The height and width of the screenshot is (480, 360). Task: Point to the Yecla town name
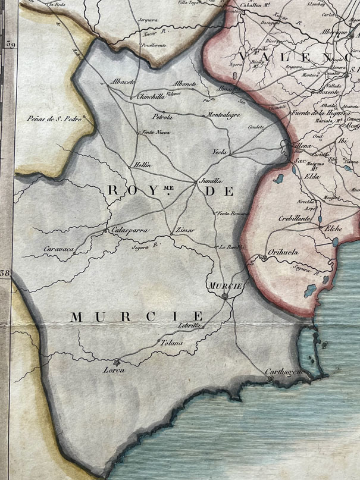coord(220,153)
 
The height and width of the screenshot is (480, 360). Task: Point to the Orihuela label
coord(283,252)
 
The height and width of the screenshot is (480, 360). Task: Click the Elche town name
coord(330,228)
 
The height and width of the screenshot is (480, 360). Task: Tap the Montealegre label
coord(225,115)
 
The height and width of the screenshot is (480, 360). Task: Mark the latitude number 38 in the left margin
coord(7,274)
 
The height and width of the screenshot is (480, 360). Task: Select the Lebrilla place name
coord(190,325)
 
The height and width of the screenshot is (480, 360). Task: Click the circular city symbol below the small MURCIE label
coord(224,296)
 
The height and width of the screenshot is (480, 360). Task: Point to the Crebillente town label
coord(294,219)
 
